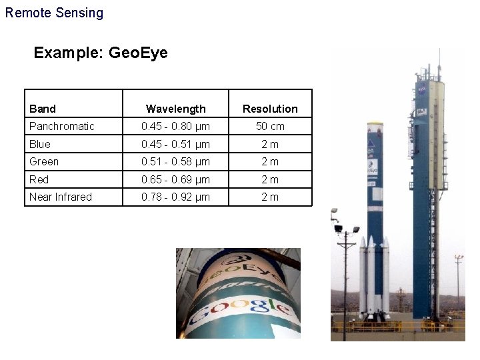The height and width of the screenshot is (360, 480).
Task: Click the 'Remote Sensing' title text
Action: [x=54, y=13]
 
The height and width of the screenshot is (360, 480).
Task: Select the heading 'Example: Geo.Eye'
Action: [x=101, y=53]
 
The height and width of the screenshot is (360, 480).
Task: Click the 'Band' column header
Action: [x=43, y=109]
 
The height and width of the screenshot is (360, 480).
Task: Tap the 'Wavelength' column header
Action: [x=176, y=109]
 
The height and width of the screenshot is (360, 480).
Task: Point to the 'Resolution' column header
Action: [x=270, y=109]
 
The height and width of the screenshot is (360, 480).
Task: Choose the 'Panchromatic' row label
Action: [x=62, y=126]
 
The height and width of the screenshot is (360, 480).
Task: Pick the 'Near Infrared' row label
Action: [x=61, y=197]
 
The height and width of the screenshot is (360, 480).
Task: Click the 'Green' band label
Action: [x=44, y=161]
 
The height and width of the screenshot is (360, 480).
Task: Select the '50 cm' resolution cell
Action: [x=270, y=126]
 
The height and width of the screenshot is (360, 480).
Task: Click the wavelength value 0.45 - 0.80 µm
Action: [x=176, y=126]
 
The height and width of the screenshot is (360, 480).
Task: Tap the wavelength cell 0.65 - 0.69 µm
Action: [x=176, y=179]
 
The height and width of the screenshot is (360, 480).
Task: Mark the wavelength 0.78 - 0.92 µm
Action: [x=176, y=197]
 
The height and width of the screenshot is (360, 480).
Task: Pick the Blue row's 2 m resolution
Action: [x=270, y=144]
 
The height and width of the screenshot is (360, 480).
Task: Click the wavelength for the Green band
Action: [x=176, y=161]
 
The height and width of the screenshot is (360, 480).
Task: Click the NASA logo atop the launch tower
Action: [x=422, y=89]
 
